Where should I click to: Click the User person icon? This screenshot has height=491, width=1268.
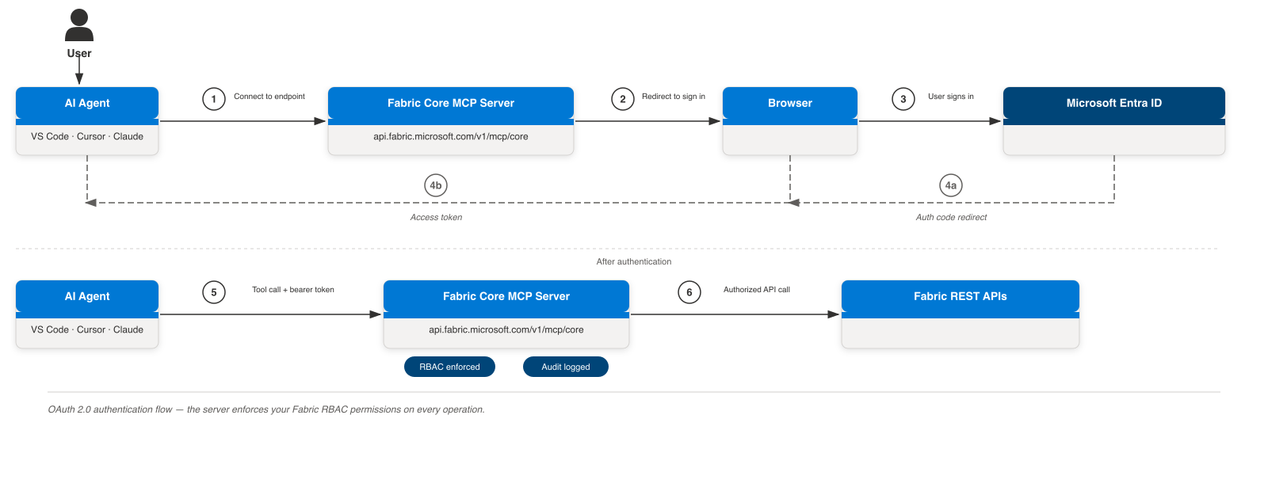pos(79,25)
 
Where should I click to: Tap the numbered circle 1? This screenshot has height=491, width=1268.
pos(214,99)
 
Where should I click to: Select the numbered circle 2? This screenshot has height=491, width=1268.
pos(623,99)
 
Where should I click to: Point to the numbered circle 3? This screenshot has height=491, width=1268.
pos(903,99)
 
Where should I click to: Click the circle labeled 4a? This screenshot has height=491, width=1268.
pos(951,185)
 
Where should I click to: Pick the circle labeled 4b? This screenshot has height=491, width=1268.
pos(436,185)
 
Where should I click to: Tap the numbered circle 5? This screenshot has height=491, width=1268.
pos(214,292)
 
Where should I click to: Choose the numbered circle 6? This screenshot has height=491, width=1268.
pos(689,292)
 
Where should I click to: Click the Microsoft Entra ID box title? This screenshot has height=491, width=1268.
pos(1114,103)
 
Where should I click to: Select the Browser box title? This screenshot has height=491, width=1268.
pos(790,103)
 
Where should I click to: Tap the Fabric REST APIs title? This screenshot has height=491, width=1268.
pos(961,296)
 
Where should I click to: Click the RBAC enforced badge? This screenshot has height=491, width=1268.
pos(449,367)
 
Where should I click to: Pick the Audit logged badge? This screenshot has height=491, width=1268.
pos(566,367)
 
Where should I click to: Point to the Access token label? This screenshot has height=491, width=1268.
pos(436,217)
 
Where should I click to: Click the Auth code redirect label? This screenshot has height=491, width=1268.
pos(951,217)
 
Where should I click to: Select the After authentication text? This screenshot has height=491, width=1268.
pos(634,261)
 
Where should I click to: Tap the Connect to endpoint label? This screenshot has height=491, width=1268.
pos(269,96)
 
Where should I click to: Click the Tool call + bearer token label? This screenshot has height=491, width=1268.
pos(293,290)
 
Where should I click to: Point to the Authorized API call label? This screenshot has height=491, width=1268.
pos(757,290)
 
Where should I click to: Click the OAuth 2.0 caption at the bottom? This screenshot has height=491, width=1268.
pos(266,409)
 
